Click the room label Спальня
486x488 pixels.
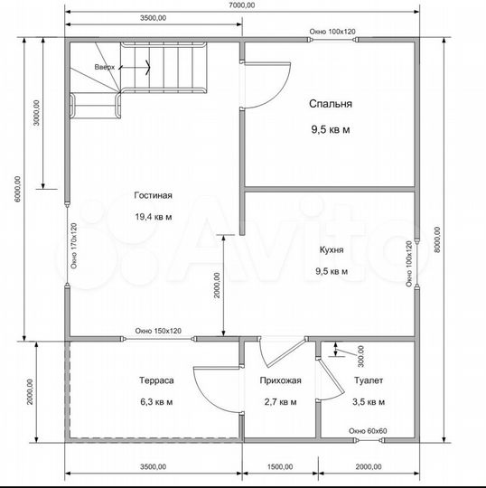point(331,104)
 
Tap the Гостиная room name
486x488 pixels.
point(153,195)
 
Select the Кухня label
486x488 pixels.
point(332,249)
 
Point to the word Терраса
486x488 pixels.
point(156,380)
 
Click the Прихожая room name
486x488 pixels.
point(281,380)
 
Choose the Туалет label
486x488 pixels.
point(369,380)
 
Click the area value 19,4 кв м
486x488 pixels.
point(154,217)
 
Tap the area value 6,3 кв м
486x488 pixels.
point(156,402)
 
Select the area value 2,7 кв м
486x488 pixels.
point(281,402)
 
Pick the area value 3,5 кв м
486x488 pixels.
point(369,402)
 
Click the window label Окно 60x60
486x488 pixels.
point(368,431)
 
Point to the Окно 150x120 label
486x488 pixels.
point(158,331)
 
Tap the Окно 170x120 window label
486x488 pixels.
point(74,246)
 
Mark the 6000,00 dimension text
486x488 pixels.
point(17,189)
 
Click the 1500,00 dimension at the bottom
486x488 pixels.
point(280,467)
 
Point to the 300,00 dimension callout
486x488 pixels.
point(361,356)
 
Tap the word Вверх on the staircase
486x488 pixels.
point(105,67)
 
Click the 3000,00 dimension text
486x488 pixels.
point(37,112)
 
